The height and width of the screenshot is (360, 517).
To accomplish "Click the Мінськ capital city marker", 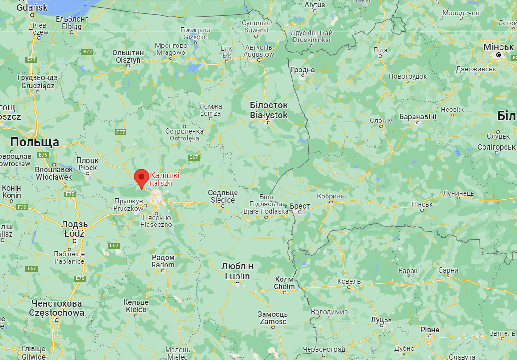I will [498, 55].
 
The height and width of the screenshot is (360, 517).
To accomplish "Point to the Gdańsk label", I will [32, 7].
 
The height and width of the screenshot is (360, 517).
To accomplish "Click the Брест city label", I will [300, 206].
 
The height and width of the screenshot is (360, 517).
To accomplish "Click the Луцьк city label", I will [381, 319].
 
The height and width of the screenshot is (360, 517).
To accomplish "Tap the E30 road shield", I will [22, 207].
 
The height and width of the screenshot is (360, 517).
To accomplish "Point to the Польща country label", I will [35, 142].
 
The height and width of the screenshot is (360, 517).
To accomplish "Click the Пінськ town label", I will [422, 204].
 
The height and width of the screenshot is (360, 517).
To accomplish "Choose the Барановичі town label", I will [418, 116].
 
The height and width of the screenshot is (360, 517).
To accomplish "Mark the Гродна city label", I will [303, 70].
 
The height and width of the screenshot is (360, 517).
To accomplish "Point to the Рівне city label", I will [430, 330].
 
